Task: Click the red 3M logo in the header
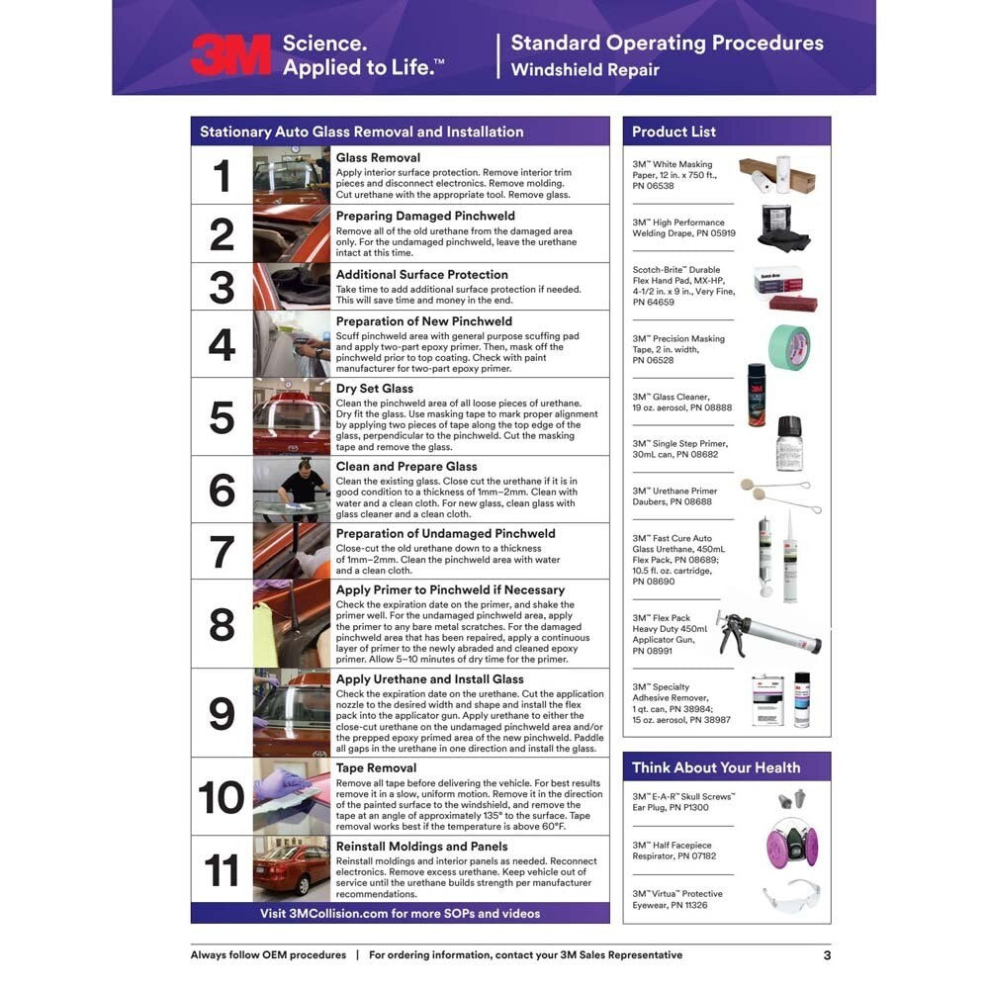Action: pos(230,54)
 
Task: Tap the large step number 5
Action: pos(222,417)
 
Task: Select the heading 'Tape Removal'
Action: pos(376,767)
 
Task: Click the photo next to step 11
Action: pos(292,869)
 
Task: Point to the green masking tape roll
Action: pos(789,347)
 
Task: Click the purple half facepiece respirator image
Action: pos(792,844)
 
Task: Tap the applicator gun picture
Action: pos(768,634)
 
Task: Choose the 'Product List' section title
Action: pos(674,132)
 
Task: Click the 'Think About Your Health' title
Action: pos(716,767)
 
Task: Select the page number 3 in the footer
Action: pos(827,955)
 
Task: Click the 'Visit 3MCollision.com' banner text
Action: pos(400,913)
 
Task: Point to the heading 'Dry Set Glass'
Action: pos(375,389)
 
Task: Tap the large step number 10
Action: pos(221,797)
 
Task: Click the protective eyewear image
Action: pos(791,897)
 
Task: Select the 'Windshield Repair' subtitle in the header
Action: pos(584,70)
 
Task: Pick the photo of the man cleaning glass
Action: pos(292,490)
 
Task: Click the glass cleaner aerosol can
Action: pos(757,395)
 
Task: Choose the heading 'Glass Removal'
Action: pos(378,157)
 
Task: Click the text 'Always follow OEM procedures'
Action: pos(268,955)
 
